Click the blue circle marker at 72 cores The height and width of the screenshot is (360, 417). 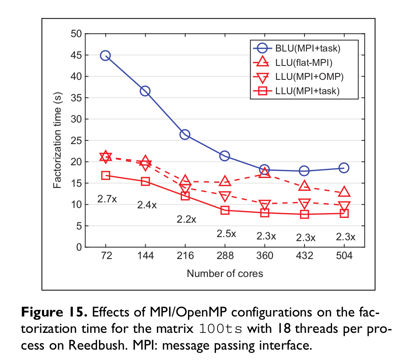[105, 55]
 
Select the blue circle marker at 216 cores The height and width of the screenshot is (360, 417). [185, 135]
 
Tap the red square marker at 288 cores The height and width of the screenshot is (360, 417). [225, 210]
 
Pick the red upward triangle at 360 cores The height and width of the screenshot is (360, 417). [265, 173]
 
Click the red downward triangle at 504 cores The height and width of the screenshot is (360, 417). [344, 206]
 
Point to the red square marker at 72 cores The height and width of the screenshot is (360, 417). [105, 176]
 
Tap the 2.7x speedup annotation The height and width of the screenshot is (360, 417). [107, 198]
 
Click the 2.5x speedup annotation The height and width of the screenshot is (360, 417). [226, 233]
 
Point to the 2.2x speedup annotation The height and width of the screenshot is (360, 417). [186, 219]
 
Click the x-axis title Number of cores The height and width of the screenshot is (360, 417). [225, 273]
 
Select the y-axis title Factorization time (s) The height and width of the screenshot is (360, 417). [57, 140]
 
